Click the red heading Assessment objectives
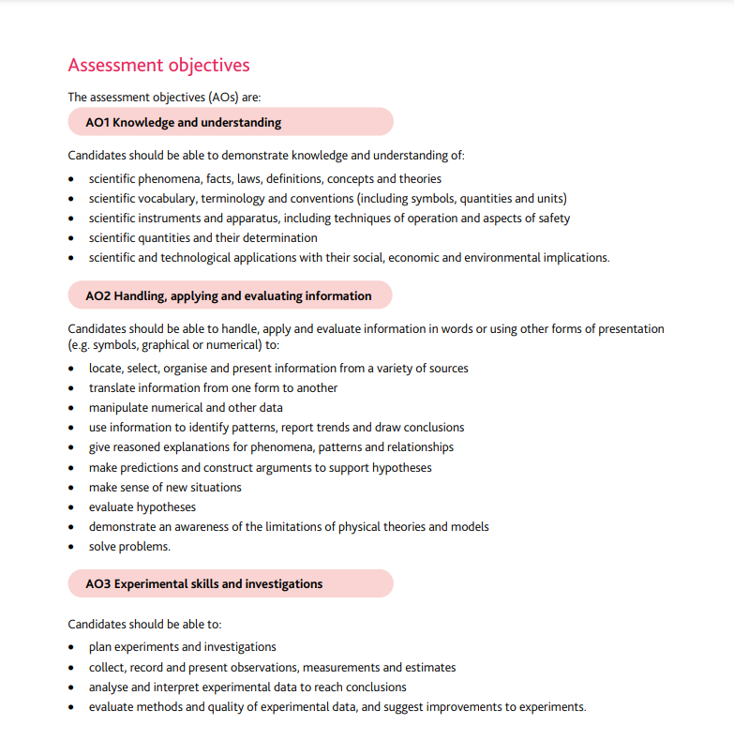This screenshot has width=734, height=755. click(158, 66)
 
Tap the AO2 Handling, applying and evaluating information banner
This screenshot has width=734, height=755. click(230, 295)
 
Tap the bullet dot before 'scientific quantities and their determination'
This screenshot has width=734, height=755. click(73, 238)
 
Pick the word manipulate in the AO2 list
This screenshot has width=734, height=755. click(120, 407)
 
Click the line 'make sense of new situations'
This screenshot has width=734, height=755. click(165, 487)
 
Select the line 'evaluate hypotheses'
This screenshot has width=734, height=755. click(142, 506)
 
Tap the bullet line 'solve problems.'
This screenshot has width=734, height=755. click(129, 546)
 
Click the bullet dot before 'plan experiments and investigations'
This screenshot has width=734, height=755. click(73, 647)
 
